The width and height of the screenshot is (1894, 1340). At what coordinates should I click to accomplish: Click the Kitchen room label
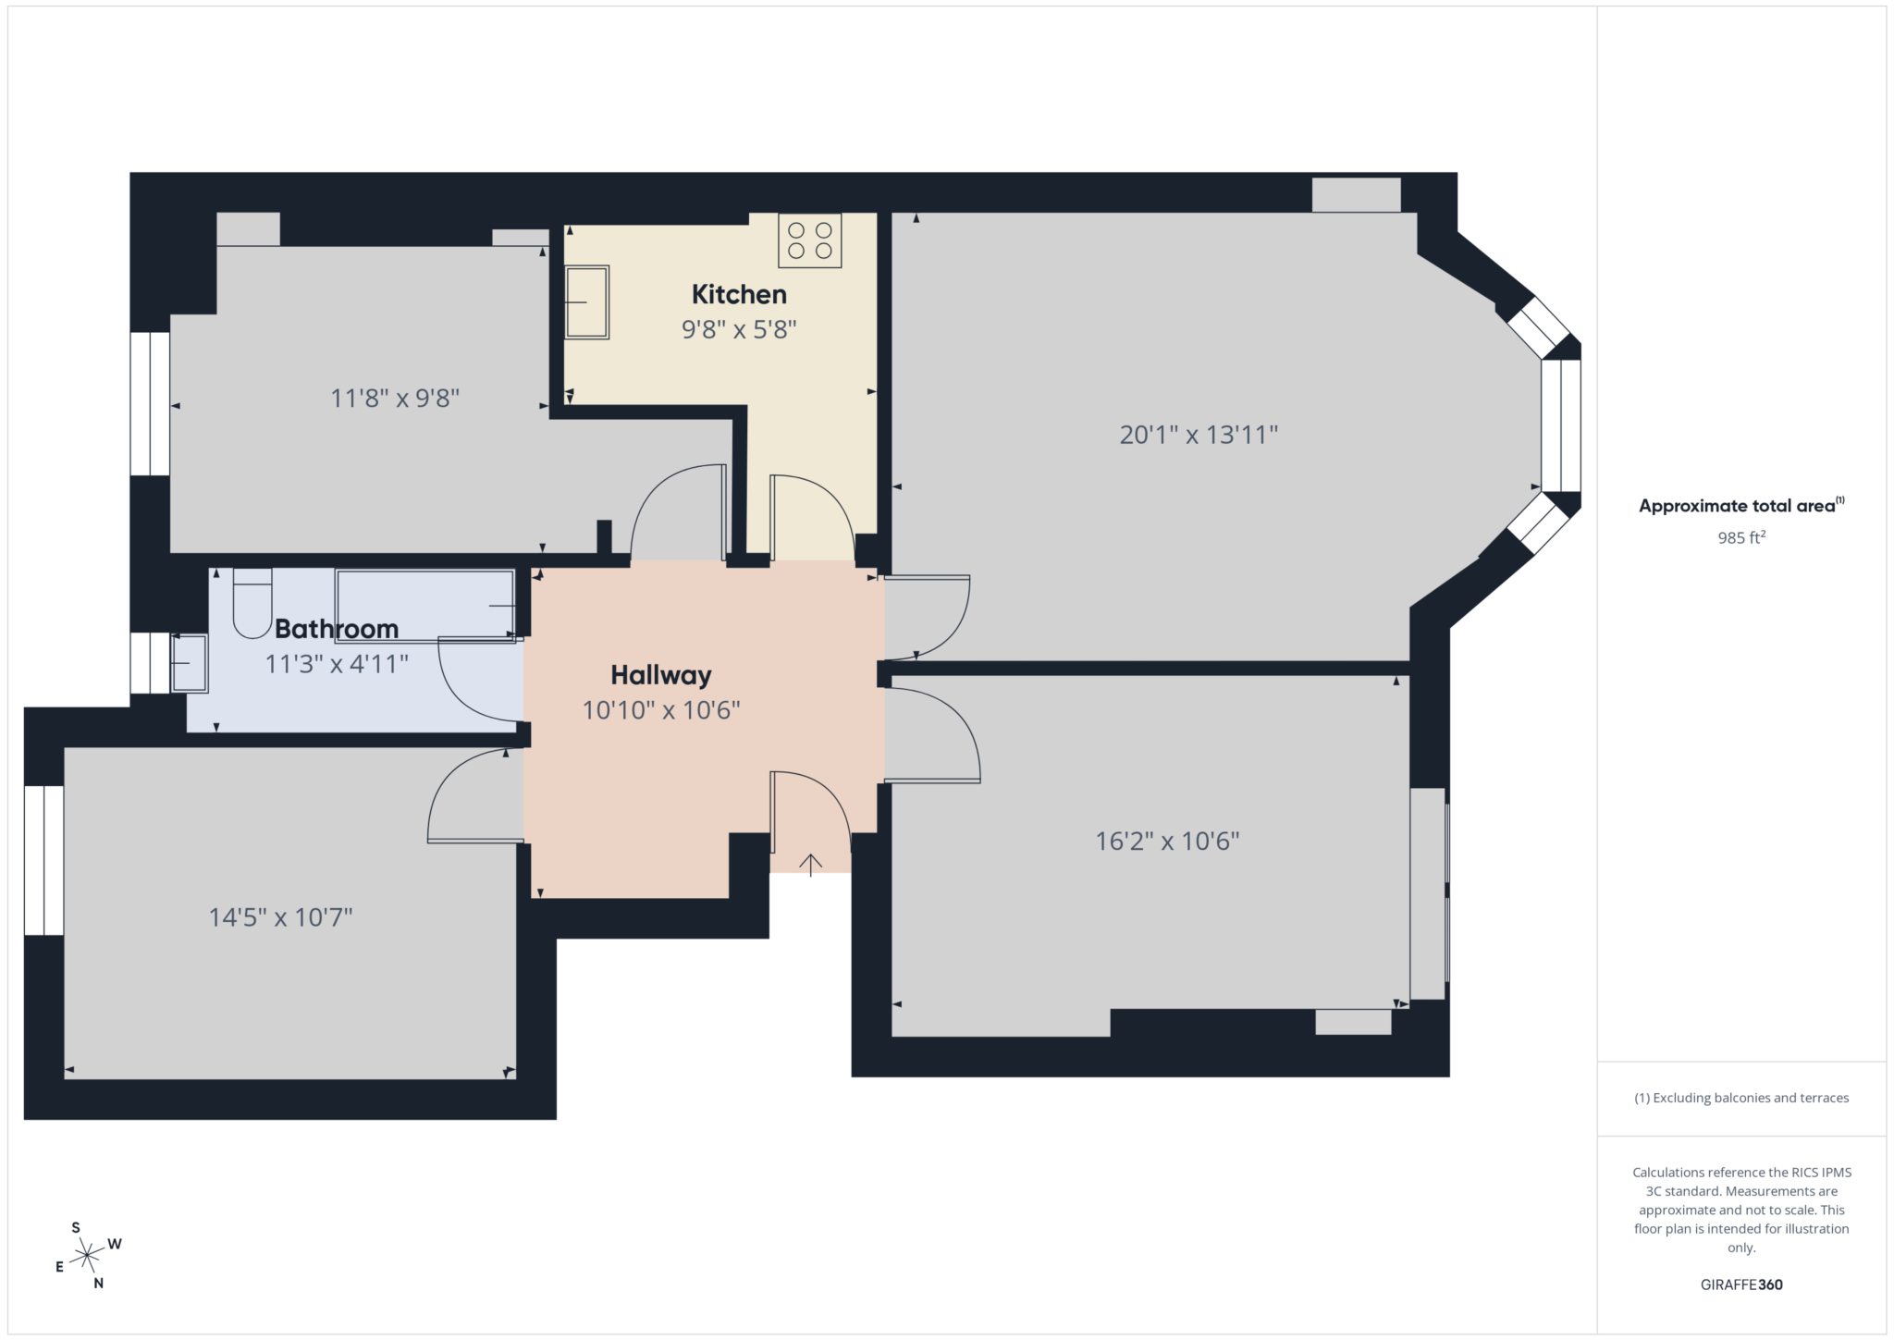[739, 294]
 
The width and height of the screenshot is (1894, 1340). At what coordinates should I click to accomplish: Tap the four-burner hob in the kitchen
[810, 240]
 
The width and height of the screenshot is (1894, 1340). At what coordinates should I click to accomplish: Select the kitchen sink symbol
[586, 302]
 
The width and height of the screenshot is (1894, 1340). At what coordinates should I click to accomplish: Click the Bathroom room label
[337, 629]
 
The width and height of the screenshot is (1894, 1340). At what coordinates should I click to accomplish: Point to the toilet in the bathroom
[252, 605]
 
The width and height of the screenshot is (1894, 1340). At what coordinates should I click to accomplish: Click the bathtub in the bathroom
[425, 605]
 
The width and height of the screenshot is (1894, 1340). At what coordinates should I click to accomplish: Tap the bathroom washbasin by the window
[190, 663]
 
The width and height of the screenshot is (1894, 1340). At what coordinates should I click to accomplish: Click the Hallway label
[660, 675]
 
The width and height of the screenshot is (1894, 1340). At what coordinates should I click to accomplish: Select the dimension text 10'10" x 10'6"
[660, 710]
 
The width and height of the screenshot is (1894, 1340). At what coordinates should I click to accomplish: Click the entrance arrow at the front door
[810, 865]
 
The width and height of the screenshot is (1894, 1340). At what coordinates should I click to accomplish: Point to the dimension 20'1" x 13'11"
[1199, 435]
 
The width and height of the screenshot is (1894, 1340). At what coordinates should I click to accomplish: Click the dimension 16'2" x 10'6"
[1167, 841]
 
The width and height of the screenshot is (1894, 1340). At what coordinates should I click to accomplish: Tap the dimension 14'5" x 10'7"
[280, 917]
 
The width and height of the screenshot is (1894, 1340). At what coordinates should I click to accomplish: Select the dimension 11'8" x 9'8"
[395, 399]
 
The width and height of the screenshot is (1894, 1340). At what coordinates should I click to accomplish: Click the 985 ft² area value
[1741, 537]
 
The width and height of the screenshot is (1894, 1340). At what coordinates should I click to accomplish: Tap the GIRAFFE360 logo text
[1741, 1285]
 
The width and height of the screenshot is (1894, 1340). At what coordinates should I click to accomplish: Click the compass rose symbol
[87, 1255]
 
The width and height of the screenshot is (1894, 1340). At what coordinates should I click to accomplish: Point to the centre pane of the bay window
[1561, 425]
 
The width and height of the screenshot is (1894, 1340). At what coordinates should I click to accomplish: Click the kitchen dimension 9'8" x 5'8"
[739, 329]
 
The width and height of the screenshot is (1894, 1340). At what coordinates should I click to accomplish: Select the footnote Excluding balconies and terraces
[1741, 1098]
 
